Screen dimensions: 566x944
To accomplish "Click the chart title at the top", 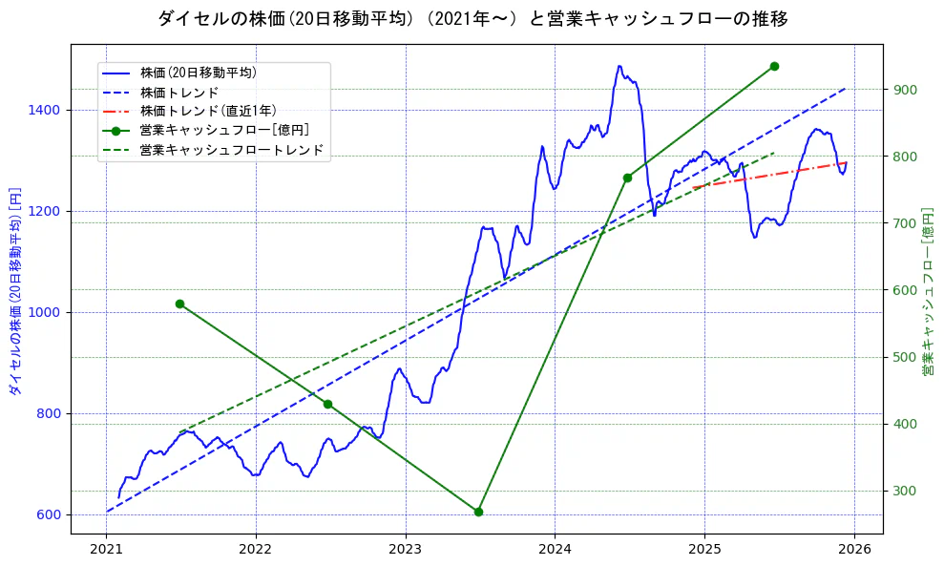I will click(x=472, y=19).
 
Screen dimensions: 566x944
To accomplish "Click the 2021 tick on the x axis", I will click(x=106, y=549).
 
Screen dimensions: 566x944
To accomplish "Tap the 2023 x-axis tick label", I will click(x=406, y=549).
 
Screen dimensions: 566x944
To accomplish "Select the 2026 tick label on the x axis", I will click(x=854, y=549).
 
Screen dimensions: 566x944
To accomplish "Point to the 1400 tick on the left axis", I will click(x=44, y=111).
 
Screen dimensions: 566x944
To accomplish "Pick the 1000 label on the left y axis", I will click(x=44, y=312).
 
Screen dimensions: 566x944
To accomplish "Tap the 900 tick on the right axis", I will click(x=905, y=90).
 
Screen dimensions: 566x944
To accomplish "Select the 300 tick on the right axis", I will click(x=905, y=492).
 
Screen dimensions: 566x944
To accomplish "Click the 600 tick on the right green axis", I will click(x=905, y=290).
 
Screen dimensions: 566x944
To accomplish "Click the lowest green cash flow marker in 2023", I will click(x=478, y=512).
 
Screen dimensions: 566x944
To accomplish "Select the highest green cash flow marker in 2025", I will click(x=774, y=66).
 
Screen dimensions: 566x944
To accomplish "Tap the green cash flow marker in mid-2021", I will click(x=179, y=304).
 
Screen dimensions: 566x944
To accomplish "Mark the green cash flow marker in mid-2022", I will click(x=328, y=404).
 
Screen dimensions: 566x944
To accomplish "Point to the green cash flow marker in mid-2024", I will click(x=627, y=178).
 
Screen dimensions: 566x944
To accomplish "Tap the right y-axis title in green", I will click(x=928, y=291).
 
